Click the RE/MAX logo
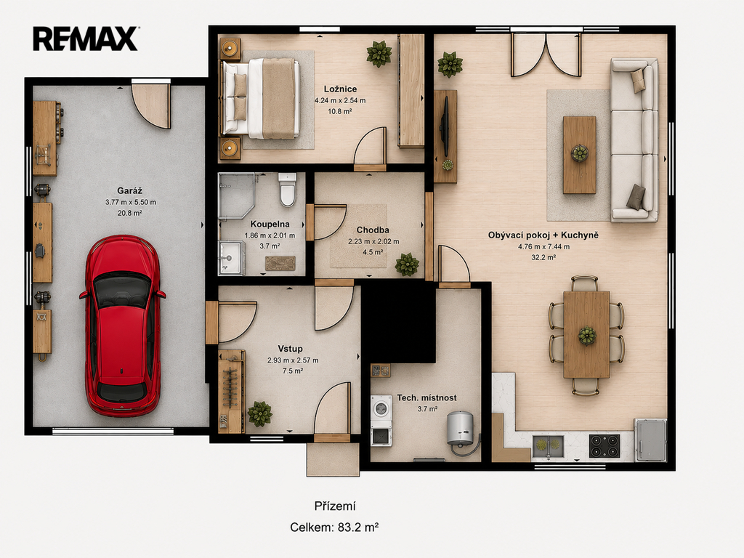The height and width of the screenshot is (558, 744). coord(86,39)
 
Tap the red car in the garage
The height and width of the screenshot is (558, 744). coord(123,326)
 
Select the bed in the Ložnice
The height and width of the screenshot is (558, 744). coord(261,98)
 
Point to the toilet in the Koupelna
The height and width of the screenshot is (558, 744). coord(288,190)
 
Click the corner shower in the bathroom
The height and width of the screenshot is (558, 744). coord(236,195)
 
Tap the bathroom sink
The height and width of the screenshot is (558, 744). coord(232,258)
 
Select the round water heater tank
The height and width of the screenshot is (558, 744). coord(460,428)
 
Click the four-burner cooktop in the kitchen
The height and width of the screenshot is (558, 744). coord(604,446)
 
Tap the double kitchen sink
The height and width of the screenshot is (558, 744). coord(548,446)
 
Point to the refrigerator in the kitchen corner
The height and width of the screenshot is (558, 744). coord(650,440)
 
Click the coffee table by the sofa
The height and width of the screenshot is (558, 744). coord(579,155)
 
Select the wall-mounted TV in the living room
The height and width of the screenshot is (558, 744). coord(445,126)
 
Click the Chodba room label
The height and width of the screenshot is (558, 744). coord(373,230)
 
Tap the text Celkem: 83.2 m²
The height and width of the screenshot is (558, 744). coord(334,527)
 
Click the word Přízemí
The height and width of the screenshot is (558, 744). coord(335,506)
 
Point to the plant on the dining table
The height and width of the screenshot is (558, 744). coord(587,336)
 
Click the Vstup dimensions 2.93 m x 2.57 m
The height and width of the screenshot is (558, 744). coord(293,360)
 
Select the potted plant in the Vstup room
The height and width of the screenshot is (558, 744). coord(259,413)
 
